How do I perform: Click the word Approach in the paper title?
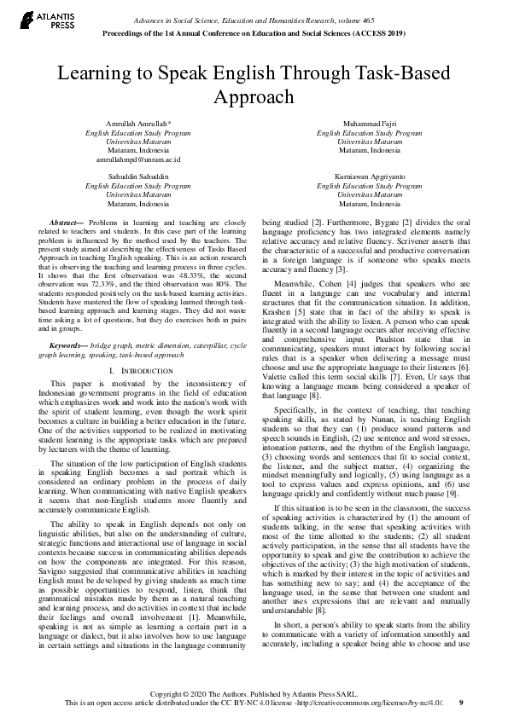point(253,97)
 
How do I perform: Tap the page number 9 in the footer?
point(462,703)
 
